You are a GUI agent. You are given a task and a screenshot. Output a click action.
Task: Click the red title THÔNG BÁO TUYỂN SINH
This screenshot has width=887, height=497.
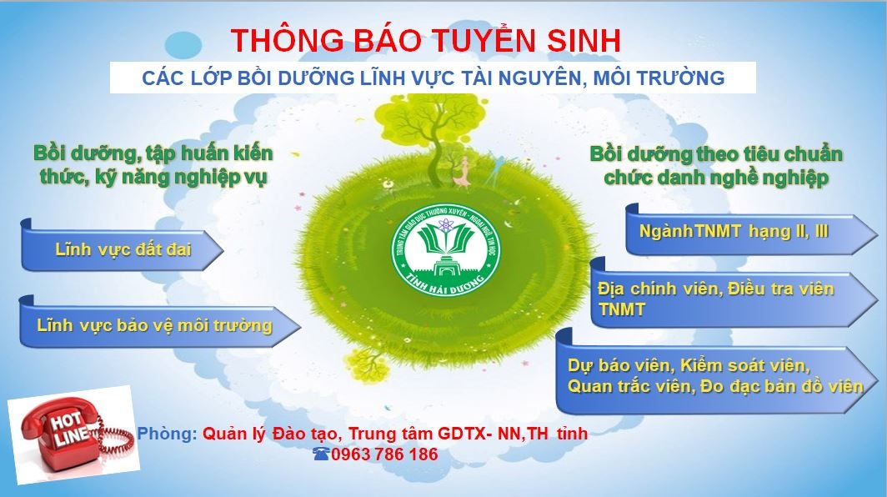(x=425, y=40)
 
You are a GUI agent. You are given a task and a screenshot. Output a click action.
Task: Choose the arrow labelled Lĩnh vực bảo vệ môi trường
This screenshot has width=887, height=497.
(x=160, y=322)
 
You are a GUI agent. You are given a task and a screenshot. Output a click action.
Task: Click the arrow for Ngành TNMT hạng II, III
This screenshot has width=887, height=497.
(x=751, y=229)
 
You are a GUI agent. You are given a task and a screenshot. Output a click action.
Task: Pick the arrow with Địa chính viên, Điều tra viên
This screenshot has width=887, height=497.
(x=734, y=294)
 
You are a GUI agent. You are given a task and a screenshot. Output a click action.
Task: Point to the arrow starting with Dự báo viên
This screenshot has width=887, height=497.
(x=717, y=372)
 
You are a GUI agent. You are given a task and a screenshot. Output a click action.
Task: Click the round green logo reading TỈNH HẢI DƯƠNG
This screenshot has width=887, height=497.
(x=446, y=250)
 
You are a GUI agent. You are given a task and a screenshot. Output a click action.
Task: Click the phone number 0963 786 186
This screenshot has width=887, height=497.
(x=384, y=454)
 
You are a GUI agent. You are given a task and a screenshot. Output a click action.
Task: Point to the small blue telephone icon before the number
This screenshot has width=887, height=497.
(x=321, y=454)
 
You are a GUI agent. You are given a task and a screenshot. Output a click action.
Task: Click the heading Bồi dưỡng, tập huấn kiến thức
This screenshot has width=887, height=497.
(x=153, y=165)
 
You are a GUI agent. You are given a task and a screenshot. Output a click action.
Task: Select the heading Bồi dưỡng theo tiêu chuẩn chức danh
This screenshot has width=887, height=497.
(x=716, y=165)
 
